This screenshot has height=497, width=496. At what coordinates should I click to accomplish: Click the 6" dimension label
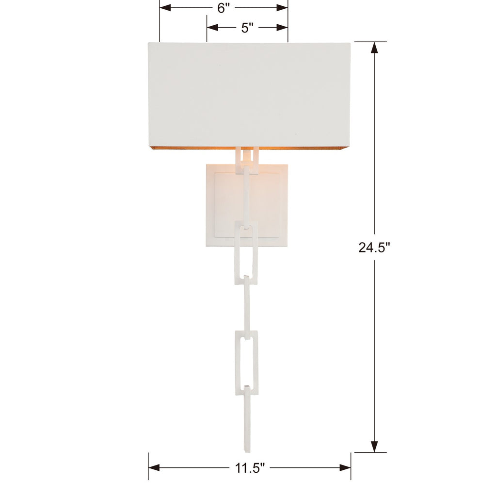click(x=223, y=8)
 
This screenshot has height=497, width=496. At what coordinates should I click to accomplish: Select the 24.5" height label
click(x=374, y=248)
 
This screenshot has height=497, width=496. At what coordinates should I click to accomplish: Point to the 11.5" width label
click(x=249, y=468)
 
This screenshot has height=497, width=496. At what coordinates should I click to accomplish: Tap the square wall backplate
click(x=223, y=204)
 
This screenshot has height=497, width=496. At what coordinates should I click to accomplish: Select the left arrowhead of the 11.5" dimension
click(x=154, y=468)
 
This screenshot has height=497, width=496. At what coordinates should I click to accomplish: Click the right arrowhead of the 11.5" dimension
click(x=345, y=468)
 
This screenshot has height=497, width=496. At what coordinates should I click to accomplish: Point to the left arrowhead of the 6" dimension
click(x=165, y=8)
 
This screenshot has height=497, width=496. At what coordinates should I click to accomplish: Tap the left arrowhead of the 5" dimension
click(x=212, y=28)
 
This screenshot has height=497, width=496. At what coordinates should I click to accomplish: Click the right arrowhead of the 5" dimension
click(x=282, y=28)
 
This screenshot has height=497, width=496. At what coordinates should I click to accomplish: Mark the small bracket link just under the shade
click(x=247, y=160)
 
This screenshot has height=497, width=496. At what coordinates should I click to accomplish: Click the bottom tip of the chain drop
click(x=248, y=449)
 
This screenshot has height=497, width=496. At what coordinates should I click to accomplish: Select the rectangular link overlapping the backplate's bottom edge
click(x=247, y=252)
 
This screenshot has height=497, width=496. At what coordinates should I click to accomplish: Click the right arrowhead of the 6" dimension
click(x=282, y=8)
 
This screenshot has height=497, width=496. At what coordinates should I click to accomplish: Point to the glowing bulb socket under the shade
click(x=247, y=156)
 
